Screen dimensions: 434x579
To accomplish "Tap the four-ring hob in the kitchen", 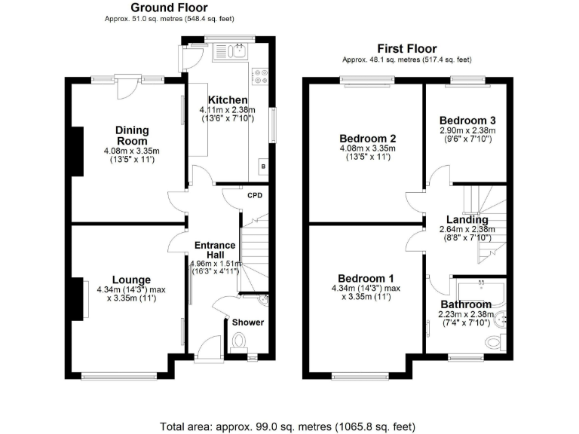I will click(x=262, y=75).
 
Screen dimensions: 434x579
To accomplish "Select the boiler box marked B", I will click(x=262, y=166).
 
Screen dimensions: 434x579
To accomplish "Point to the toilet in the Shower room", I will click(x=240, y=341).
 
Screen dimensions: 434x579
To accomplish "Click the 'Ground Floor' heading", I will click(x=148, y=8).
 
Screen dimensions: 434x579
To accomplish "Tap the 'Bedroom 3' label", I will click(x=467, y=121).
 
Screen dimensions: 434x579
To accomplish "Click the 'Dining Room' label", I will click(x=132, y=136).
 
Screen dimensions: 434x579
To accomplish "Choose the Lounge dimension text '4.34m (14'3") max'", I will click(x=132, y=290).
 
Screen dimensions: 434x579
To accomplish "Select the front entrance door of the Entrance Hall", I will click(x=207, y=349).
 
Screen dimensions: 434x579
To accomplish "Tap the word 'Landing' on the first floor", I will click(x=467, y=220).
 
